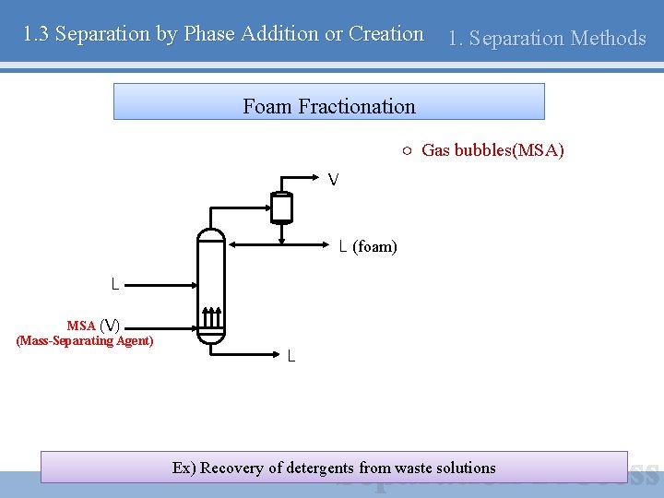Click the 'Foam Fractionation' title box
coord(328,101)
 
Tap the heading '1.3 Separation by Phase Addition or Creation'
coord(223,34)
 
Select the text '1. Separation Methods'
coord(546,38)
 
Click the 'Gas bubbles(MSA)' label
coord(492,150)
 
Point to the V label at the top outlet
coord(333,179)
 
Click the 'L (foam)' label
coord(367,246)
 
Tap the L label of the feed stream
coord(114,285)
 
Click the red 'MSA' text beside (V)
coord(81,326)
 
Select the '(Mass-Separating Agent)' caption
coord(85,341)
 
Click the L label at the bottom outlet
coord(291,356)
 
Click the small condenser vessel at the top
coord(281,207)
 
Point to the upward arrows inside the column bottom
coord(211,318)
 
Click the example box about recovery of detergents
coord(334,468)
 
